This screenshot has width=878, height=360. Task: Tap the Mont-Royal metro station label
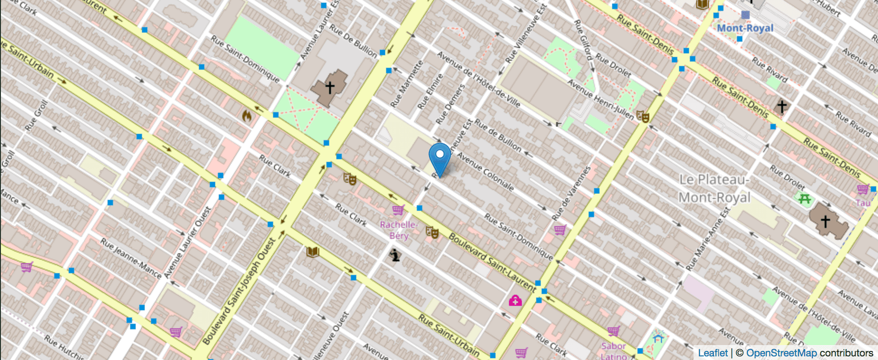click(x=745, y=28)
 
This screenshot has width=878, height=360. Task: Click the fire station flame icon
click(x=246, y=116)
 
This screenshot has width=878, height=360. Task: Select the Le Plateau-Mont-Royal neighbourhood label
click(x=714, y=189)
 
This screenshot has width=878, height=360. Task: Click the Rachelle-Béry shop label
click(x=398, y=230)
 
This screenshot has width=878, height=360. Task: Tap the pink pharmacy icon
click(x=515, y=300)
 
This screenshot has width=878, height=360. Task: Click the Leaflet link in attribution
click(x=713, y=353)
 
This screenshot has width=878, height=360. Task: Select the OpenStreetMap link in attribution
click(x=781, y=353)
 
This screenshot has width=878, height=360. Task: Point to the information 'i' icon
click(x=395, y=256)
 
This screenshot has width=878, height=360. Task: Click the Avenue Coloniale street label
click(x=485, y=171)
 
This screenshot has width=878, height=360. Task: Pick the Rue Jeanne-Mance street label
click(x=131, y=258)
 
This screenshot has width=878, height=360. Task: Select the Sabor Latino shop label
click(x=613, y=351)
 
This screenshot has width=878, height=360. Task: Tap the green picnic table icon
click(x=804, y=199)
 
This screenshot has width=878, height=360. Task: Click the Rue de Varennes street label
click(x=571, y=193)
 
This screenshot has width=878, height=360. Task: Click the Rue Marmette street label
click(x=406, y=84)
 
